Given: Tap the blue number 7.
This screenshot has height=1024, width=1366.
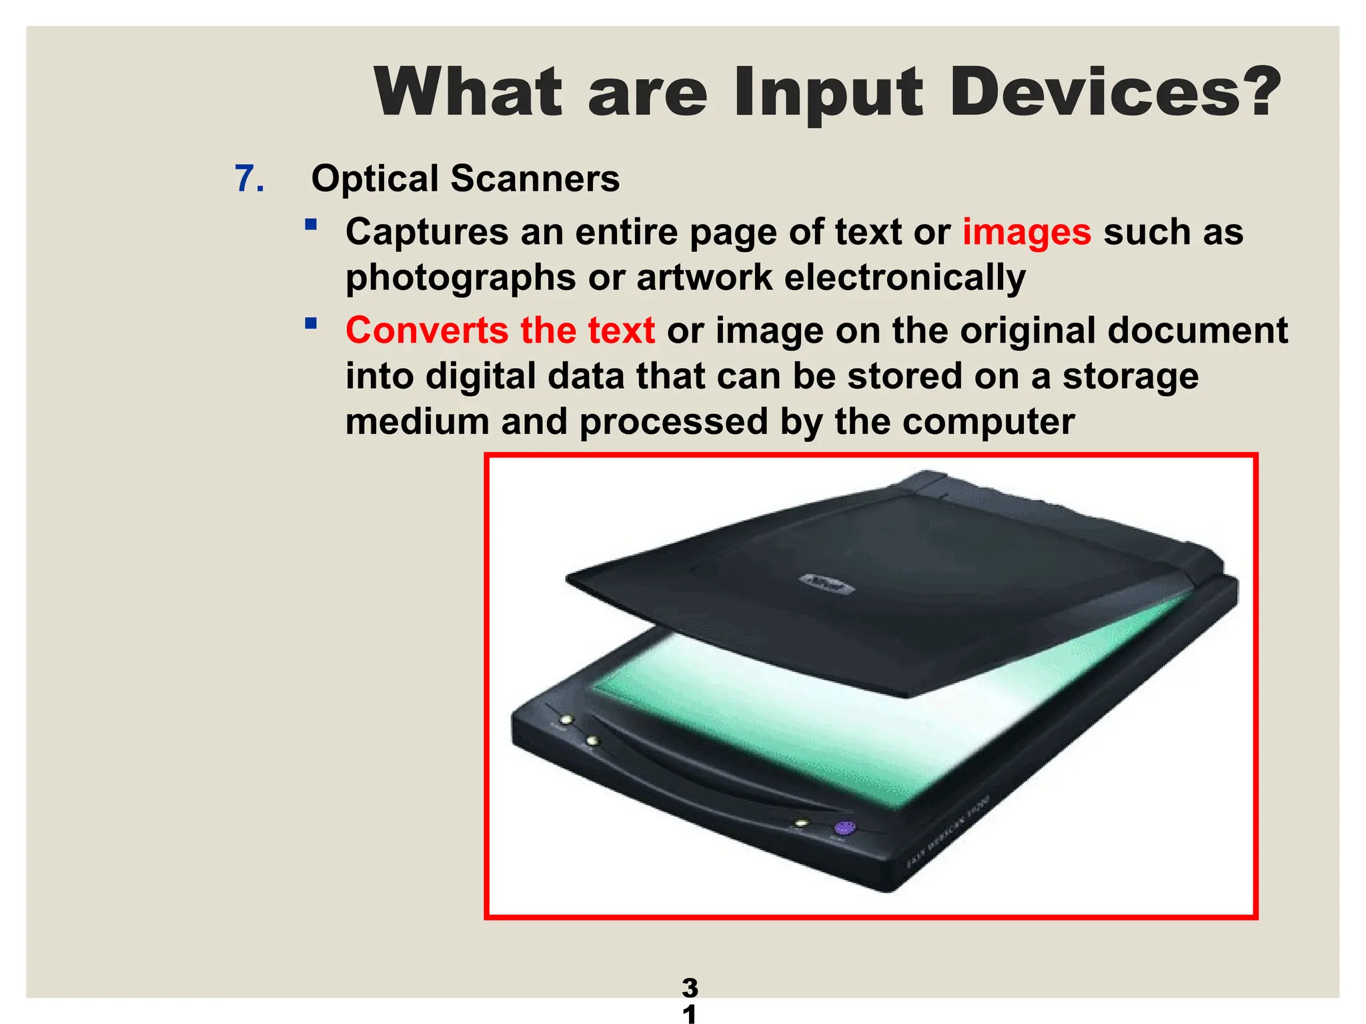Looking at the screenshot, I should point(249,179).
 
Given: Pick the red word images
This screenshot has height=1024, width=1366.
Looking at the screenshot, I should point(1027,233).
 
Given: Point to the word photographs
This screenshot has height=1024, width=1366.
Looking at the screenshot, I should point(460,278).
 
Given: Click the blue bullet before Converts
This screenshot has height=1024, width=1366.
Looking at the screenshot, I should point(310,324).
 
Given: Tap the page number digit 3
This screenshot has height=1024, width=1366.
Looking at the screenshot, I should point(690,987).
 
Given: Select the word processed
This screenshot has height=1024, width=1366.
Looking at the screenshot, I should point(674,422).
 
